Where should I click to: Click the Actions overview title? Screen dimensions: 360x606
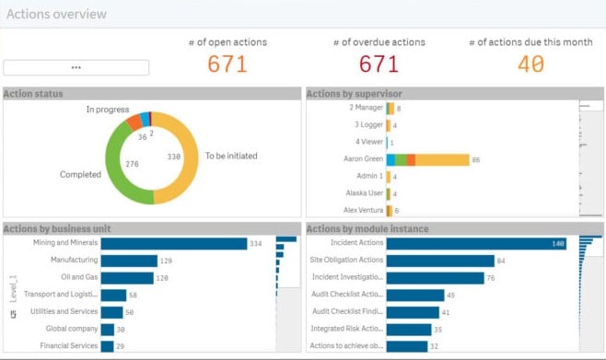point(56,15)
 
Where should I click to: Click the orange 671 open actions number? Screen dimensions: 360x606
point(226,64)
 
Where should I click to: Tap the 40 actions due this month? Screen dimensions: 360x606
point(530,64)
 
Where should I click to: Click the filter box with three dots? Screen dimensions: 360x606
point(76,67)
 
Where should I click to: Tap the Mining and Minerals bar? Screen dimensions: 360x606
point(173,243)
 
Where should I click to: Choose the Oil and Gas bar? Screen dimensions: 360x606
point(127,277)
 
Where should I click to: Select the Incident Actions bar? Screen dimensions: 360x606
point(476,243)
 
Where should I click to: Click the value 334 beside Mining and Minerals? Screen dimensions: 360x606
point(258,244)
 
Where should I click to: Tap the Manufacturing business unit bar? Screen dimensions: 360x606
point(127,261)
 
